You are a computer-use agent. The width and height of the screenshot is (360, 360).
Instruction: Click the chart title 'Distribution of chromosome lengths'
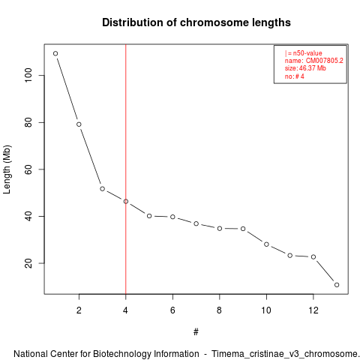[x=196, y=22]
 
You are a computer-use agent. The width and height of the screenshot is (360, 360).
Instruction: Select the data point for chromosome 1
[x=55, y=53]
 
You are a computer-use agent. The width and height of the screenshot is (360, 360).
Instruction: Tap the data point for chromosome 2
[x=79, y=124]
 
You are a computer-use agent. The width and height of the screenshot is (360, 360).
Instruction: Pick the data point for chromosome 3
[x=102, y=189]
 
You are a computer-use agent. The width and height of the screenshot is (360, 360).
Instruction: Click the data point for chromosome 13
[x=337, y=285]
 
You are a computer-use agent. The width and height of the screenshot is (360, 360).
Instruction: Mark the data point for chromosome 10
[x=266, y=244]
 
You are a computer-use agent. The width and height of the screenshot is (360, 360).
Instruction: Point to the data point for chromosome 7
[x=196, y=223]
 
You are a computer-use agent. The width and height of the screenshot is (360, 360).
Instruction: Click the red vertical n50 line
[x=126, y=169]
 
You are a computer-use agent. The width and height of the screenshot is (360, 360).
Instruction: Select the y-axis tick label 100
[x=28, y=76]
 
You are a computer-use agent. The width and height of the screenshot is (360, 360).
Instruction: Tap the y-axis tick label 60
[x=28, y=169]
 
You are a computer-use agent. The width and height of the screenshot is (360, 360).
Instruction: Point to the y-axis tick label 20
[x=28, y=263]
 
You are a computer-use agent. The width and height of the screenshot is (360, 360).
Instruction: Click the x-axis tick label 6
[x=172, y=310]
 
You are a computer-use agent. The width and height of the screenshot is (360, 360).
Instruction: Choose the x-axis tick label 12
[x=313, y=310]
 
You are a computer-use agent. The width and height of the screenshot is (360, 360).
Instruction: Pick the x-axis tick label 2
[x=79, y=310]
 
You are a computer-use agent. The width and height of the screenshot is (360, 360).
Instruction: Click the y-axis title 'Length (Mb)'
[x=7, y=169]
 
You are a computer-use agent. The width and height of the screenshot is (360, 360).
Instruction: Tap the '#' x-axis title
[x=196, y=332]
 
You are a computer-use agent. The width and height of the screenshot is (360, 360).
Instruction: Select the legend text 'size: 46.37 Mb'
[x=305, y=68]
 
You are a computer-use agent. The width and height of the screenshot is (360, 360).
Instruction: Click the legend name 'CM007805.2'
[x=325, y=61]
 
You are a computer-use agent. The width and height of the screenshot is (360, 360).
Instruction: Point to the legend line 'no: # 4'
[x=295, y=76]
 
